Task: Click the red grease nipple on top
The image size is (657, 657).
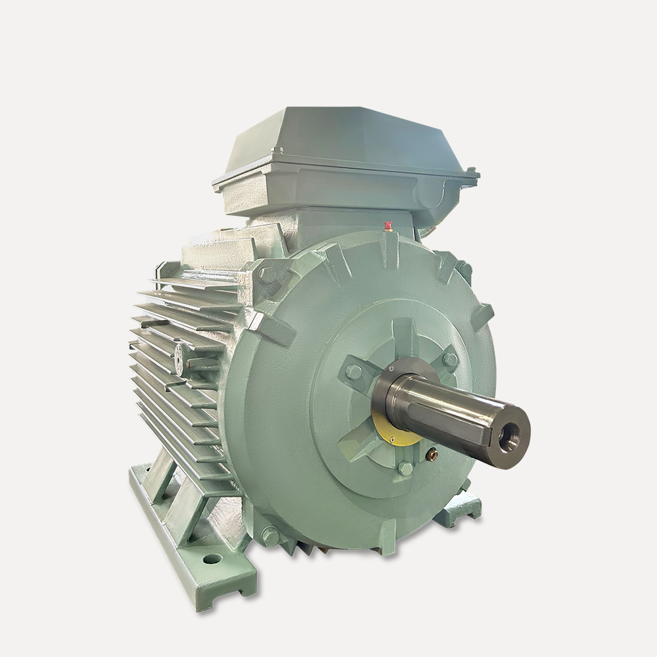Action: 388,226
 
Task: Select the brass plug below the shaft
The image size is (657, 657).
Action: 432,453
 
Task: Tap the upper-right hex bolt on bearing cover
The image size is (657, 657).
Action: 450,359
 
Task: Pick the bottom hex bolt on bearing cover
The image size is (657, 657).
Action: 405,469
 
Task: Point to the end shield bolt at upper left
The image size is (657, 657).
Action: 266,274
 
